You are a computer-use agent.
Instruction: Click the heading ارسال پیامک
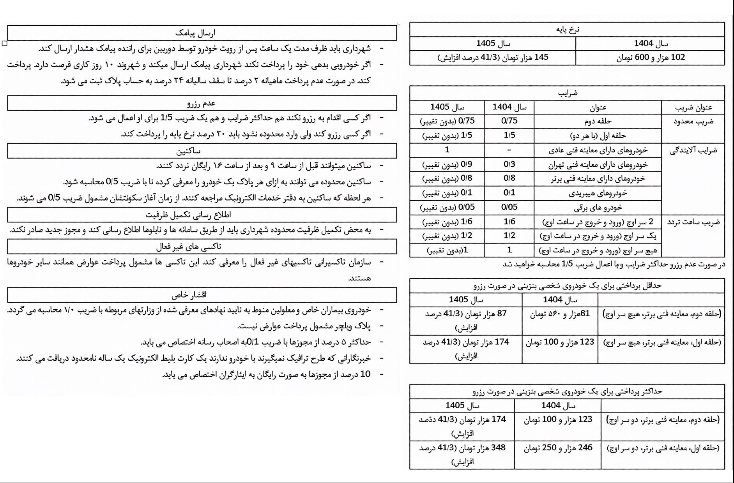(201, 33)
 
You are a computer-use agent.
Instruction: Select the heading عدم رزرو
(201, 103)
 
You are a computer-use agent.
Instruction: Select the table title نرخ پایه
(568, 30)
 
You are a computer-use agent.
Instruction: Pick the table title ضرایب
(568, 93)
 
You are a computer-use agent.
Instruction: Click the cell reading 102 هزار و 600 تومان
(650, 58)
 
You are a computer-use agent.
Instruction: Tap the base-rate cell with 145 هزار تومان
(493, 58)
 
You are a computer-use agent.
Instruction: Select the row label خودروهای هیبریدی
(598, 193)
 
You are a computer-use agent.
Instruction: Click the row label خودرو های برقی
(598, 207)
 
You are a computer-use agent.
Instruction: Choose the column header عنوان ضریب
(693, 108)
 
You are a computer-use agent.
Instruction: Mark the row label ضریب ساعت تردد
(693, 222)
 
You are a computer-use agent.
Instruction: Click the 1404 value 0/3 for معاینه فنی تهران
(509, 164)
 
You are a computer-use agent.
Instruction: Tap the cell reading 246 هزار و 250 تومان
(558, 448)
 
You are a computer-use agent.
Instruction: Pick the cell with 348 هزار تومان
(462, 448)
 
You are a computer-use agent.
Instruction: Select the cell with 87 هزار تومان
(466, 314)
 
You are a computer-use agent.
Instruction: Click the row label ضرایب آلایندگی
(693, 150)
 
